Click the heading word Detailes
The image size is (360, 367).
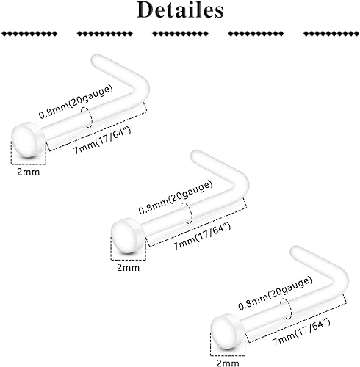[x=180, y=10]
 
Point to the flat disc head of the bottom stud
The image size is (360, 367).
[x=228, y=332]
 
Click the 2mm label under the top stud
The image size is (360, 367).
[x=29, y=172]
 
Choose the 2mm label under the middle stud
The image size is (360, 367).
[x=128, y=267]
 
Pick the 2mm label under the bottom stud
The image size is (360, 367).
[x=228, y=363]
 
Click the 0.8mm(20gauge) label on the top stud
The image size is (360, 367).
[x=76, y=101]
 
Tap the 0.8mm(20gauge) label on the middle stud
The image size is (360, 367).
[x=176, y=197]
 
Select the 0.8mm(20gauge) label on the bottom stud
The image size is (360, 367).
[x=276, y=293]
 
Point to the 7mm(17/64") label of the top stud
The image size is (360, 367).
[x=102, y=140]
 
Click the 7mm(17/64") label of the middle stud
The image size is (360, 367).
[x=201, y=236]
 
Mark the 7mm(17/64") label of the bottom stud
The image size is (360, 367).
[x=301, y=332]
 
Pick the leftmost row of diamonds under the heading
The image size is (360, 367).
[x=29, y=34]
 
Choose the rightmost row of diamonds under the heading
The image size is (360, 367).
[x=331, y=34]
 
